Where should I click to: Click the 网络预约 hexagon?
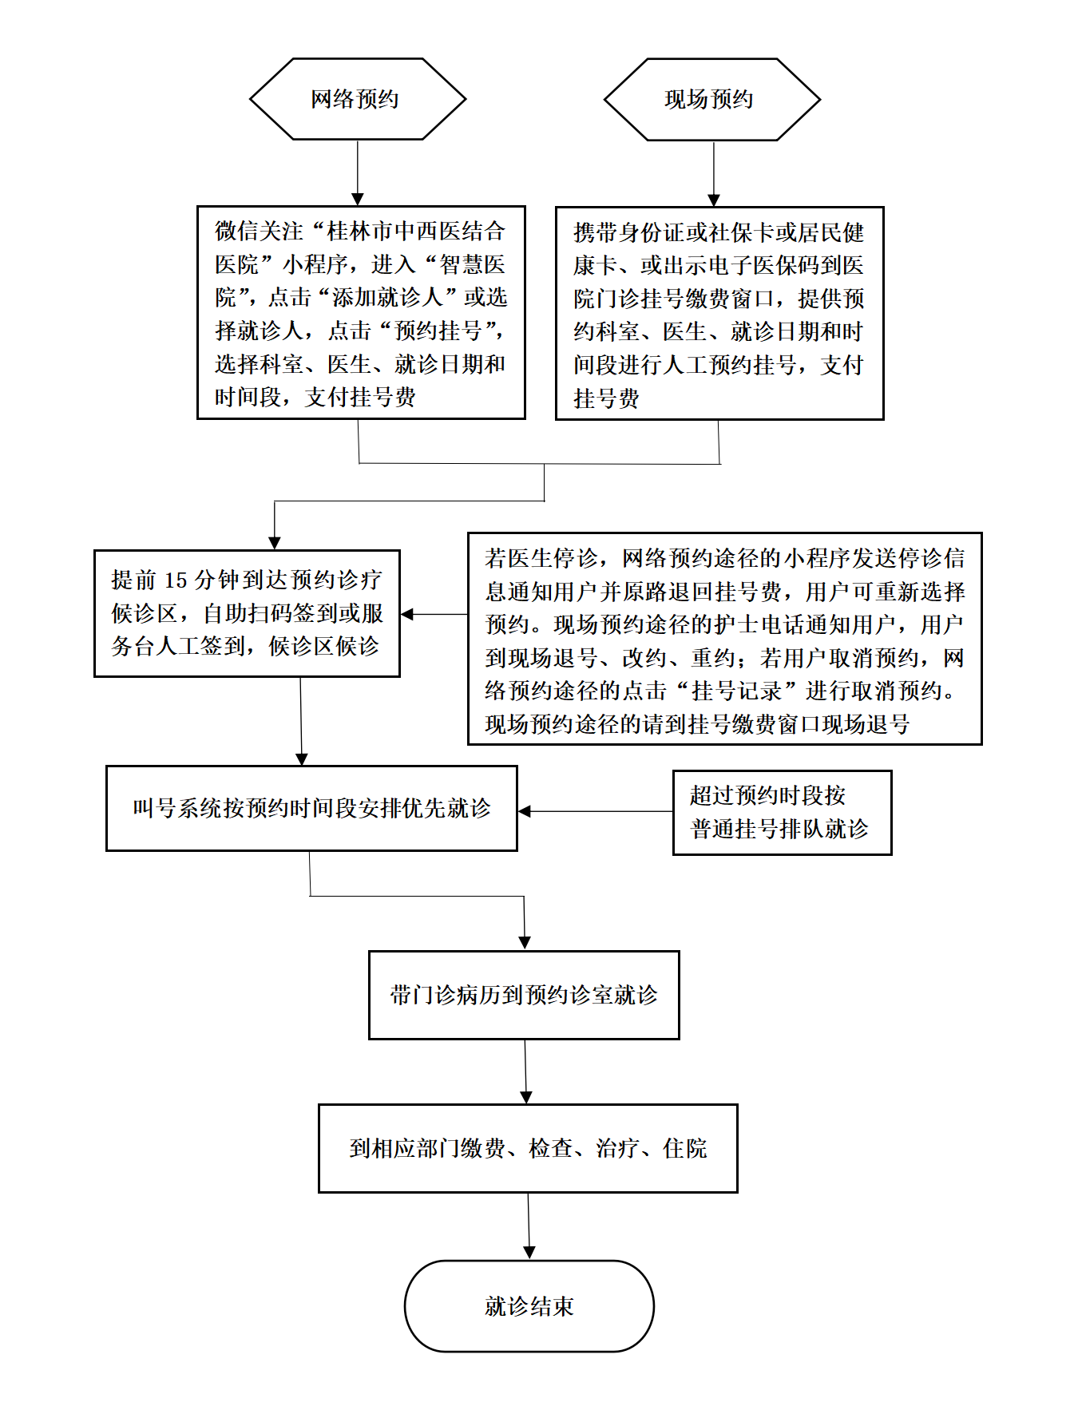358,99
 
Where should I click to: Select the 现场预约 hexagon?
712,100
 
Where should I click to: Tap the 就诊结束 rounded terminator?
529,1306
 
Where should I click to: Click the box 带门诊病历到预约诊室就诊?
524,995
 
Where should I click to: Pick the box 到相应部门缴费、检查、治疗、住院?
528,1148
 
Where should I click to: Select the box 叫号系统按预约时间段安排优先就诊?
311,808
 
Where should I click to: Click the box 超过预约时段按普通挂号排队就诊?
783,813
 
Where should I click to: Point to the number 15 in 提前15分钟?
176,580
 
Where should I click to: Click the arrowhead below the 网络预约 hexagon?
358,199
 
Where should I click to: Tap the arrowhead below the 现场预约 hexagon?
714,200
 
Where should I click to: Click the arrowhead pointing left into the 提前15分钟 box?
407,614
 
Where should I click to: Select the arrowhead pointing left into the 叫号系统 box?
525,811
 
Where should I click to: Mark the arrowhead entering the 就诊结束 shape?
529,1253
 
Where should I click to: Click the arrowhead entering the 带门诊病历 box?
525,943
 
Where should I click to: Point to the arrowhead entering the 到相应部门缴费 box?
526,1097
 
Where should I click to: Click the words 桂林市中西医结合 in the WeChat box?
416,232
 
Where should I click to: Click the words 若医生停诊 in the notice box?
541,558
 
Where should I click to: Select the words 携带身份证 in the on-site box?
628,233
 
